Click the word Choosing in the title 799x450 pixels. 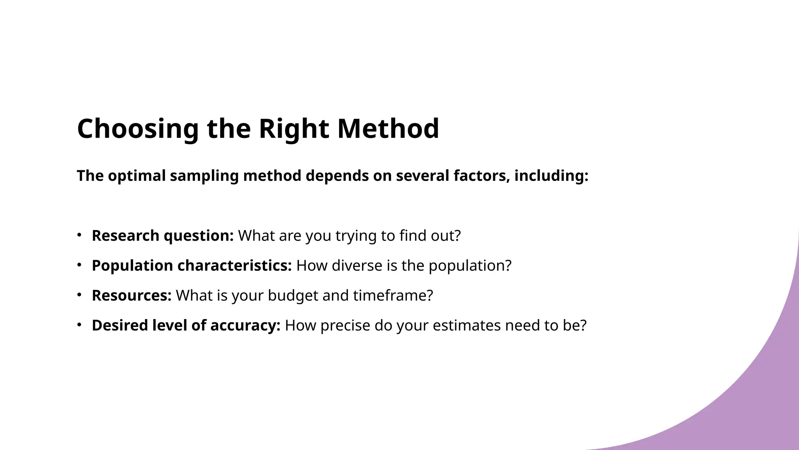(x=138, y=129)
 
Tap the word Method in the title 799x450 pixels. (x=388, y=129)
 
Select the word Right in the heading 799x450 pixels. (x=294, y=129)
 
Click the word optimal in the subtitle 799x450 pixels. (x=137, y=176)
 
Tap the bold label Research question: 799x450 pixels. (x=163, y=236)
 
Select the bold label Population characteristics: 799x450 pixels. (x=192, y=266)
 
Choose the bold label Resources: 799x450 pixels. (x=131, y=296)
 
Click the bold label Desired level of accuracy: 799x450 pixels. (x=186, y=325)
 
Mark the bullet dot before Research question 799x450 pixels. (x=79, y=235)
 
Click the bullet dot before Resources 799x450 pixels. (x=79, y=295)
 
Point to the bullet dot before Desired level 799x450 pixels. (x=79, y=324)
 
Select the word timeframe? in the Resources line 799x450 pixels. (x=393, y=296)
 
